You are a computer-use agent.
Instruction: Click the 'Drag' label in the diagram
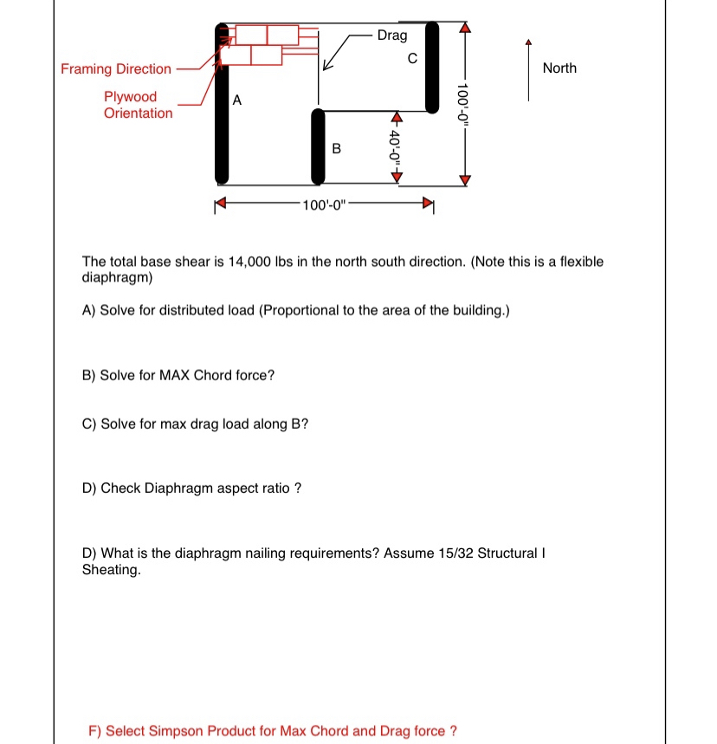pos(392,36)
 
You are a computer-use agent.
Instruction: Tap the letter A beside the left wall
pos(236,100)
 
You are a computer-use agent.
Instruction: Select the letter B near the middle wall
pos(337,149)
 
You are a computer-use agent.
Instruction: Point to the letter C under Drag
pos(412,59)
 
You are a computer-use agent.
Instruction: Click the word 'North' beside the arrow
pos(559,68)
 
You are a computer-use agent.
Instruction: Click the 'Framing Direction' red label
pos(116,69)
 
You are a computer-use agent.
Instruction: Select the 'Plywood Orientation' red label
pos(138,105)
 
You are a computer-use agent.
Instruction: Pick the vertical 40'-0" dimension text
pos(397,146)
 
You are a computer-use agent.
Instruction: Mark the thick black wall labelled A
pos(222,104)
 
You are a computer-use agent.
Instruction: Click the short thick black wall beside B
pos(319,146)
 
